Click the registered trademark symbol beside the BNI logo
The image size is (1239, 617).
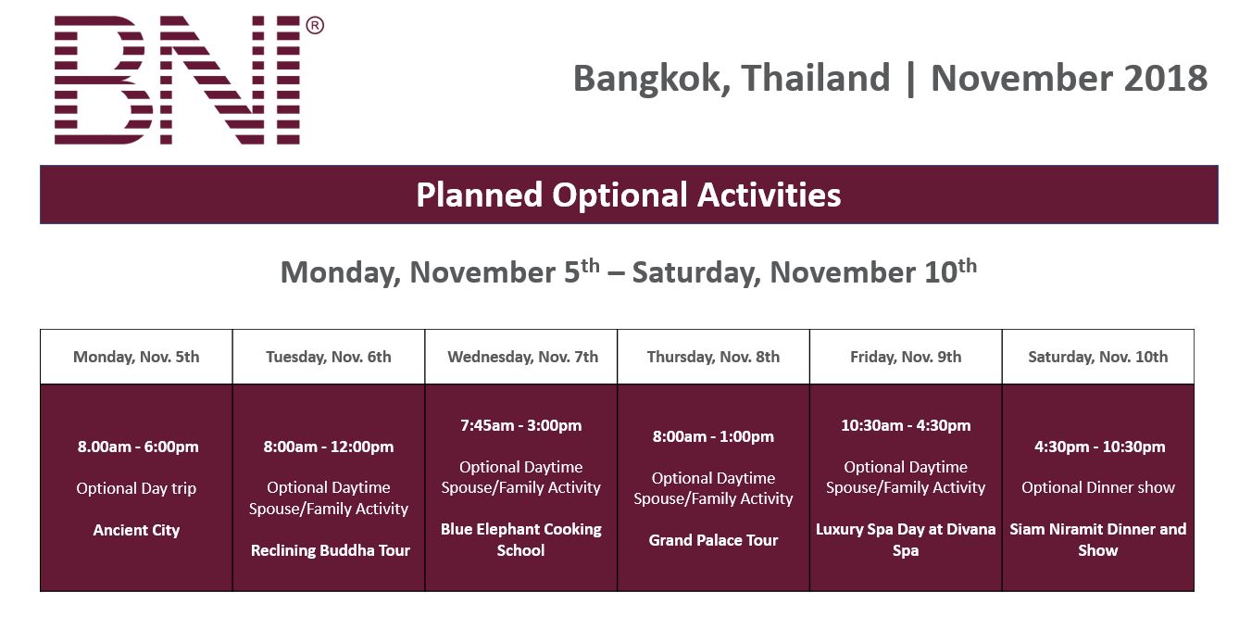pyautogui.click(x=314, y=25)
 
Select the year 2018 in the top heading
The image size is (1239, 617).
pyautogui.click(x=1166, y=78)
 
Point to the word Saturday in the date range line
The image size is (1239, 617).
pyautogui.click(x=696, y=272)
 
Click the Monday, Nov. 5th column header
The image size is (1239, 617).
pyautogui.click(x=136, y=357)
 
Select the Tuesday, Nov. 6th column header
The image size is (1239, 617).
pyautogui.click(x=329, y=357)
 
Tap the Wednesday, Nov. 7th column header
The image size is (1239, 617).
pyautogui.click(x=522, y=357)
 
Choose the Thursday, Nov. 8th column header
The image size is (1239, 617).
pyautogui.click(x=714, y=357)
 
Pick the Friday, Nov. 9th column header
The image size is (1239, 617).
pyautogui.click(x=906, y=357)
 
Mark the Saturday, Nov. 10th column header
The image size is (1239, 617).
pyautogui.click(x=1098, y=357)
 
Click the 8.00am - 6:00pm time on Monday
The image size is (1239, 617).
pyautogui.click(x=138, y=447)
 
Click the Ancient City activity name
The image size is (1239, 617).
pyautogui.click(x=136, y=530)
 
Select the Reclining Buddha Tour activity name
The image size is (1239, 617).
pyautogui.click(x=331, y=550)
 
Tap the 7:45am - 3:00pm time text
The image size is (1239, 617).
pyautogui.click(x=521, y=425)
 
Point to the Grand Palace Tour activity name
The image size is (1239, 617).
pyautogui.click(x=714, y=540)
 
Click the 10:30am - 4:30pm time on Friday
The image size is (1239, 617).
pyautogui.click(x=906, y=425)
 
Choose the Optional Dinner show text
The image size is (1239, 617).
pyautogui.click(x=1098, y=487)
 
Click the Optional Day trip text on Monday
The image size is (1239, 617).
pyautogui.click(x=136, y=488)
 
